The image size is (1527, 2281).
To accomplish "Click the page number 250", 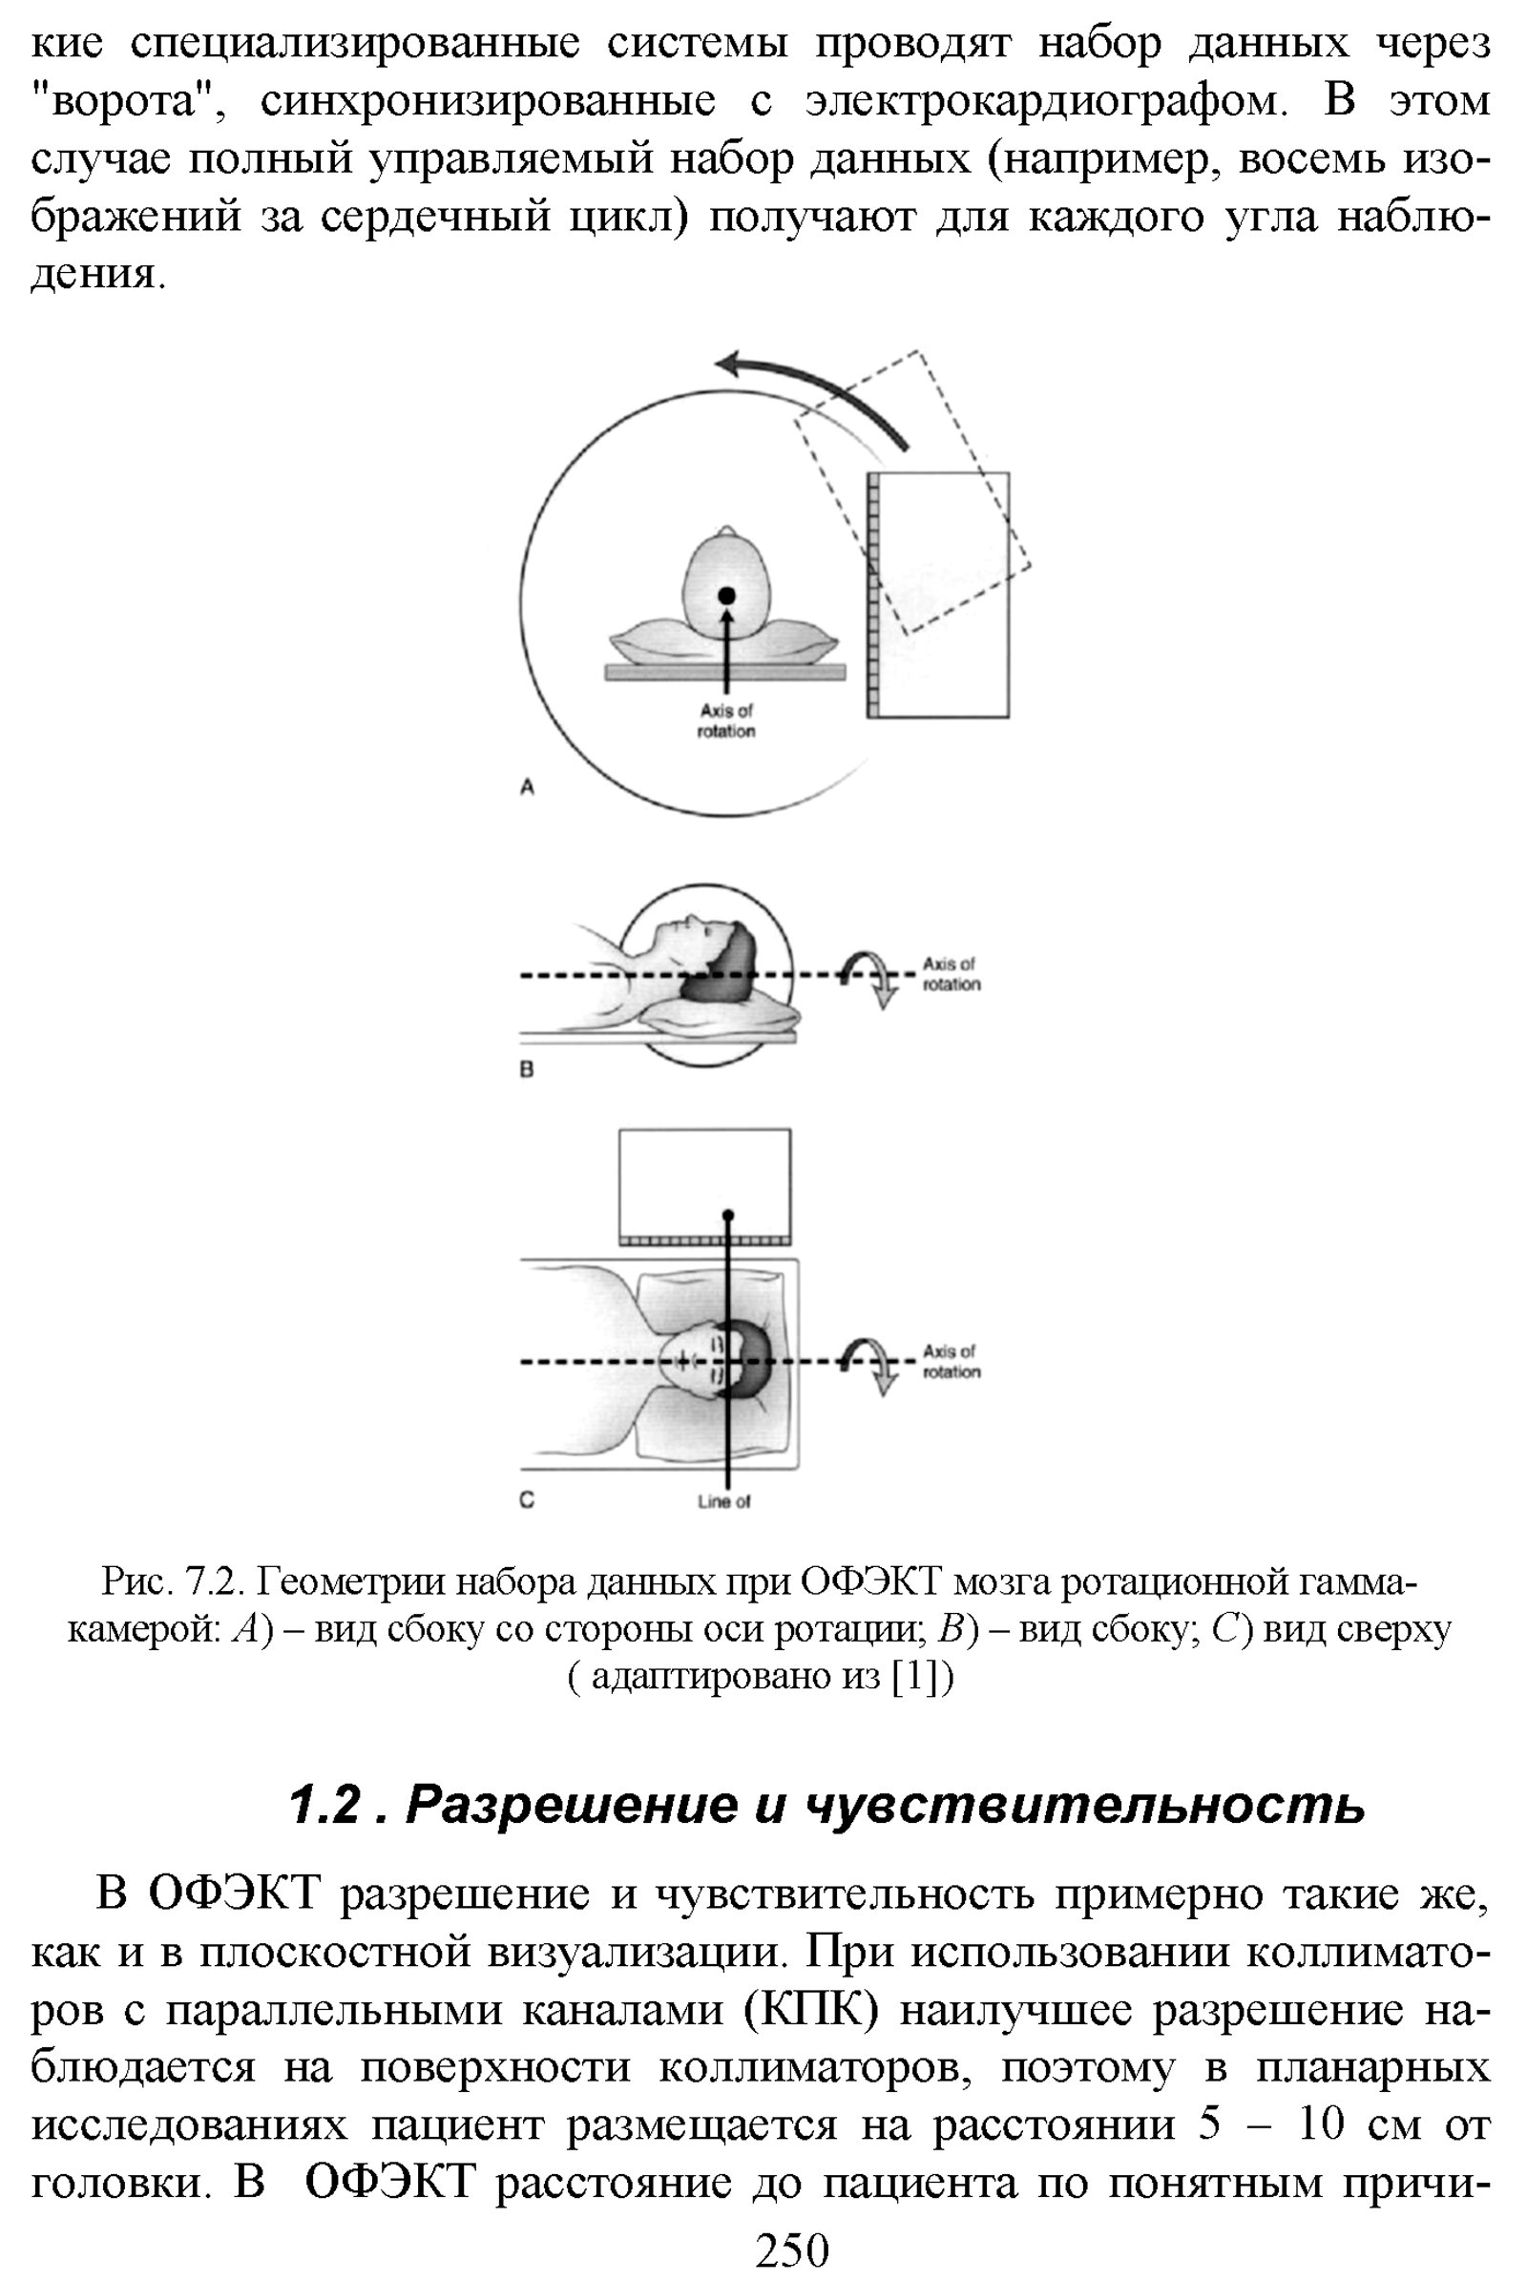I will (792, 2250).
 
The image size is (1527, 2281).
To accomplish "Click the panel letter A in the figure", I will (527, 786).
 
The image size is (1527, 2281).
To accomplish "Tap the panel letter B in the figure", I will (527, 1070).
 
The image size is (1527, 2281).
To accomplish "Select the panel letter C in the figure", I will (527, 1499).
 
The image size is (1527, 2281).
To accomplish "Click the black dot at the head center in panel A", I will (726, 596).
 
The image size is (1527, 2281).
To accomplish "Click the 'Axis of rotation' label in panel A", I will (726, 721).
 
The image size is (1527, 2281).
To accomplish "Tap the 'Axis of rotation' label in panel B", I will (952, 973).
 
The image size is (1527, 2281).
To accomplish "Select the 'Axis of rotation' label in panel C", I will (952, 1362).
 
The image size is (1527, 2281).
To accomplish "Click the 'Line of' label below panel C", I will (723, 1502).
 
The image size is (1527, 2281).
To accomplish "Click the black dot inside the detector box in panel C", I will (728, 1215).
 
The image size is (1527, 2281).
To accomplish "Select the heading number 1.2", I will (325, 1805).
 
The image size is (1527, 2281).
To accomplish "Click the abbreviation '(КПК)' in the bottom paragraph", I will (811, 2010).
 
